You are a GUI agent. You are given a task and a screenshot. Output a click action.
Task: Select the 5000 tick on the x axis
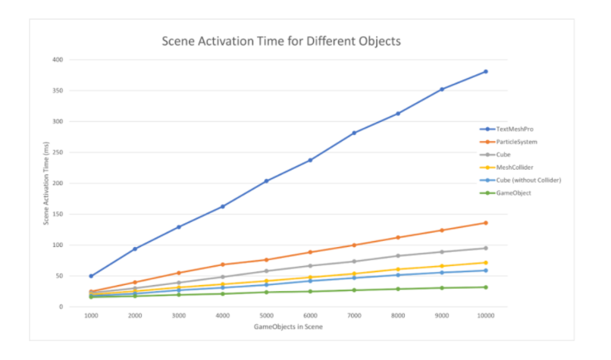pyautogui.click(x=266, y=315)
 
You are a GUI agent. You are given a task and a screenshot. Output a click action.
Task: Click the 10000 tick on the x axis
pyautogui.click(x=485, y=315)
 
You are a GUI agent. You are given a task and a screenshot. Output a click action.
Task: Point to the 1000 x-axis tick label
pyautogui.click(x=91, y=315)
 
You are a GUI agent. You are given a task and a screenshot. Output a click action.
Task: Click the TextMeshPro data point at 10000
pyautogui.click(x=485, y=71)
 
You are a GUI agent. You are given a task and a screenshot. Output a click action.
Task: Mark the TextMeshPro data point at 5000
pyautogui.click(x=266, y=180)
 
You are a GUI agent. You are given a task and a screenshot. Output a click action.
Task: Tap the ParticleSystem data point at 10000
pyautogui.click(x=485, y=223)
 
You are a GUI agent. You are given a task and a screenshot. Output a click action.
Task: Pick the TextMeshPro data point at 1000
pyautogui.click(x=91, y=276)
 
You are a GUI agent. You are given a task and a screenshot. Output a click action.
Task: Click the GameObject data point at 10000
pyautogui.click(x=485, y=287)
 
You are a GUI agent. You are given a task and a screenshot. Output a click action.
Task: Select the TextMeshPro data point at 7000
pyautogui.click(x=354, y=133)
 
